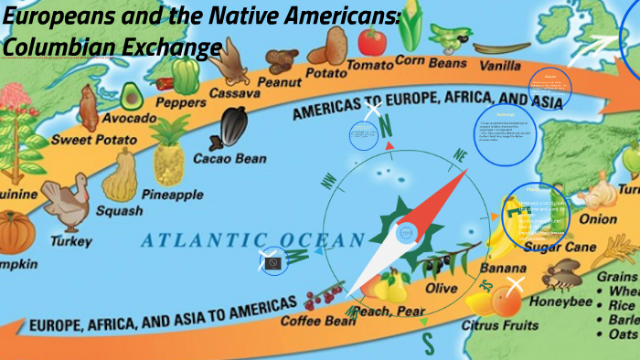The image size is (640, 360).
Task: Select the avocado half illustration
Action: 131,94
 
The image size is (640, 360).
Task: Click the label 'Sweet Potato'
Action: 94,140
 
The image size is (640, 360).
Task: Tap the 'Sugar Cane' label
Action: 554,247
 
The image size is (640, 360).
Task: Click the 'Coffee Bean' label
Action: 318,321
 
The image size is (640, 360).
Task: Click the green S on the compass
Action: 426,342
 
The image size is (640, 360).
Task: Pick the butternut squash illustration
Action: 120,177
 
